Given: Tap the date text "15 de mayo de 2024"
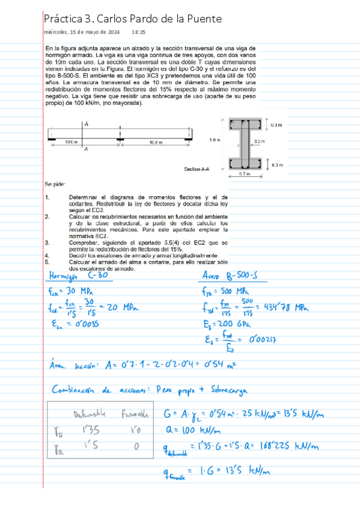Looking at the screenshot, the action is pyautogui.click(x=95, y=32).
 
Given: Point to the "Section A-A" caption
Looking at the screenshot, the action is pyautogui.click(x=197, y=169).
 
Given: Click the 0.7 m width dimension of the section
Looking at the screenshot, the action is pyautogui.click(x=244, y=174).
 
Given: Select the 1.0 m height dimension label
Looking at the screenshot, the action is pyautogui.click(x=214, y=140).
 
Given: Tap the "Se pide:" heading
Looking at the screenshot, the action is pyautogui.click(x=55, y=183).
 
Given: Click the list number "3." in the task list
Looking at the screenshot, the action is pyautogui.click(x=47, y=242).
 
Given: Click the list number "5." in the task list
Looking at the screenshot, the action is pyautogui.click(x=47, y=262).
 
